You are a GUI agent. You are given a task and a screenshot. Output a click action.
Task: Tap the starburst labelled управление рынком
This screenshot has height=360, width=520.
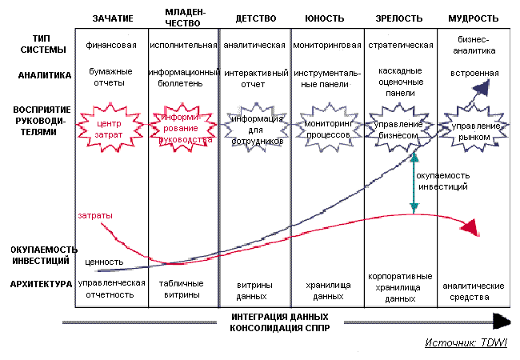(x=475, y=131)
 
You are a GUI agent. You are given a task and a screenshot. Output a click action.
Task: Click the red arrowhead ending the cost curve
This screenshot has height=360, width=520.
(x=473, y=229)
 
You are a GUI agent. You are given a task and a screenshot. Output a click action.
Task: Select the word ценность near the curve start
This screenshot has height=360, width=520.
(x=105, y=261)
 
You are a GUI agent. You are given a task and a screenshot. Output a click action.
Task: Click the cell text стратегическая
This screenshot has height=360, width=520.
(x=401, y=45)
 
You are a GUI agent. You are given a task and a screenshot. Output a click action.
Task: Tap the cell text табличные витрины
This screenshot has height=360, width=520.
(x=183, y=289)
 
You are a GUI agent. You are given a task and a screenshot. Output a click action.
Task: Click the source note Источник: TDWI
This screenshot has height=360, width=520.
(x=467, y=343)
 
